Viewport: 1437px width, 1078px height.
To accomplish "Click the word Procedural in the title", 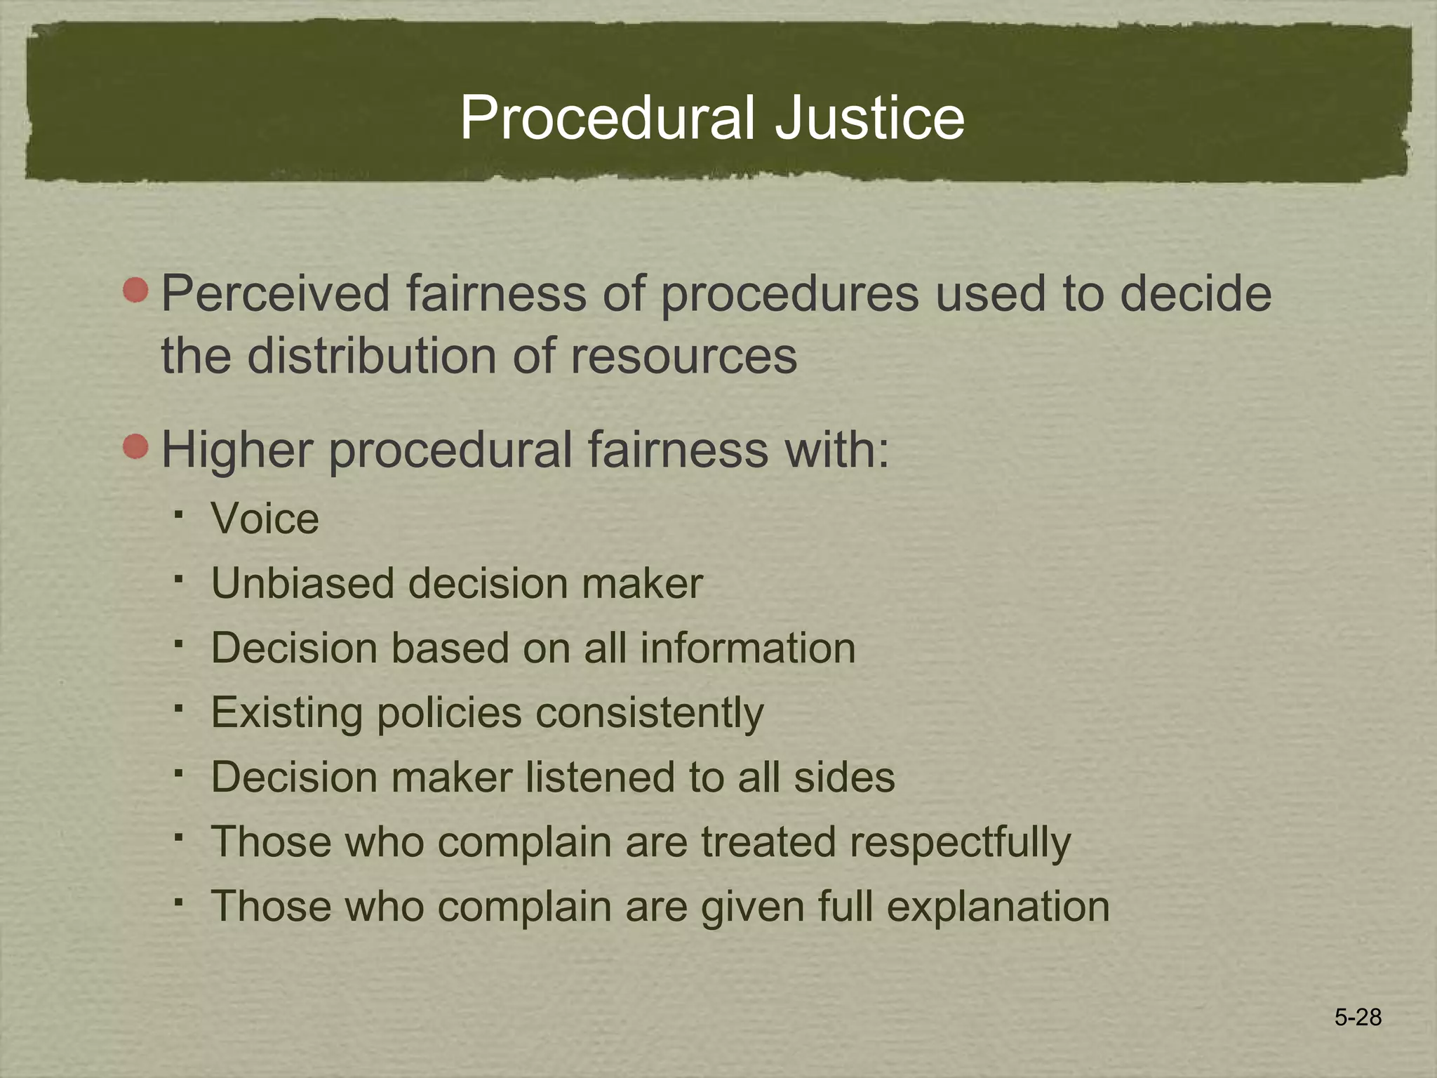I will [608, 118].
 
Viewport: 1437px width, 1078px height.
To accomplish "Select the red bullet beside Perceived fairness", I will [136, 290].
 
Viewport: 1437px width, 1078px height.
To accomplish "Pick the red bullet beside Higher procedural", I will [136, 446].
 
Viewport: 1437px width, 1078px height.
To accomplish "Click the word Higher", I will [236, 450].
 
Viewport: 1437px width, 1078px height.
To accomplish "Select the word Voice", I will [265, 519].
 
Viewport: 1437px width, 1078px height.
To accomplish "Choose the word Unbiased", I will [302, 583].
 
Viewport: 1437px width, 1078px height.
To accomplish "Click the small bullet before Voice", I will [180, 515].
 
